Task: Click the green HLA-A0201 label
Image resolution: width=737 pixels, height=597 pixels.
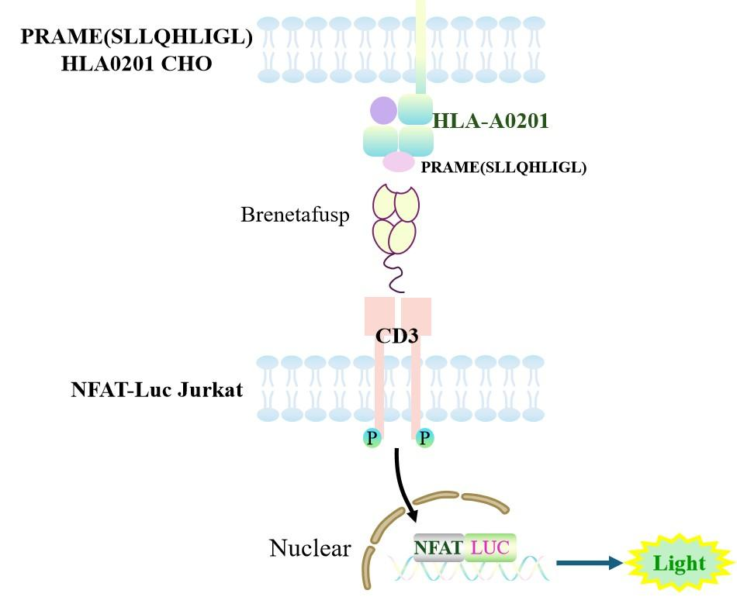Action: (x=490, y=121)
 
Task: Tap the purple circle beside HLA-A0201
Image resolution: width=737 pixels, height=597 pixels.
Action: (x=383, y=111)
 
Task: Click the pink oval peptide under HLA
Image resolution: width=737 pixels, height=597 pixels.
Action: (x=399, y=162)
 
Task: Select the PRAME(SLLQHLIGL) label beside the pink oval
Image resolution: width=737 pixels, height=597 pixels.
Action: (x=503, y=167)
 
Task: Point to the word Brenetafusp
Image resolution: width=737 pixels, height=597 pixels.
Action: (x=295, y=215)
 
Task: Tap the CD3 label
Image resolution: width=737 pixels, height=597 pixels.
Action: (x=397, y=336)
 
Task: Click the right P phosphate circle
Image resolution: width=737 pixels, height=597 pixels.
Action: (x=424, y=439)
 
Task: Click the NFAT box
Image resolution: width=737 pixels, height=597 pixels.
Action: (x=438, y=548)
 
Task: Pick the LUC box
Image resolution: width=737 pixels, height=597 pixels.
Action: (x=490, y=548)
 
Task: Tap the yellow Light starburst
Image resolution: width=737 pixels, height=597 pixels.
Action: (x=679, y=564)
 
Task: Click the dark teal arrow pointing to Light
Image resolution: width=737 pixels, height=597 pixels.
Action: (x=590, y=564)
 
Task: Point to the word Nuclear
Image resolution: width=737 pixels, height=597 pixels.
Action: (x=310, y=549)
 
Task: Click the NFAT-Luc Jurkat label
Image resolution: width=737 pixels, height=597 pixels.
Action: (x=157, y=389)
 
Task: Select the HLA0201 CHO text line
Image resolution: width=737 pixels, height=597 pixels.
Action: (x=137, y=64)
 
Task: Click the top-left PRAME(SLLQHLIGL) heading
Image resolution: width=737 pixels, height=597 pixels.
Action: (x=137, y=37)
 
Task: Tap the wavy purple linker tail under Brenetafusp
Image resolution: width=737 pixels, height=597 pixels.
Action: (x=396, y=275)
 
